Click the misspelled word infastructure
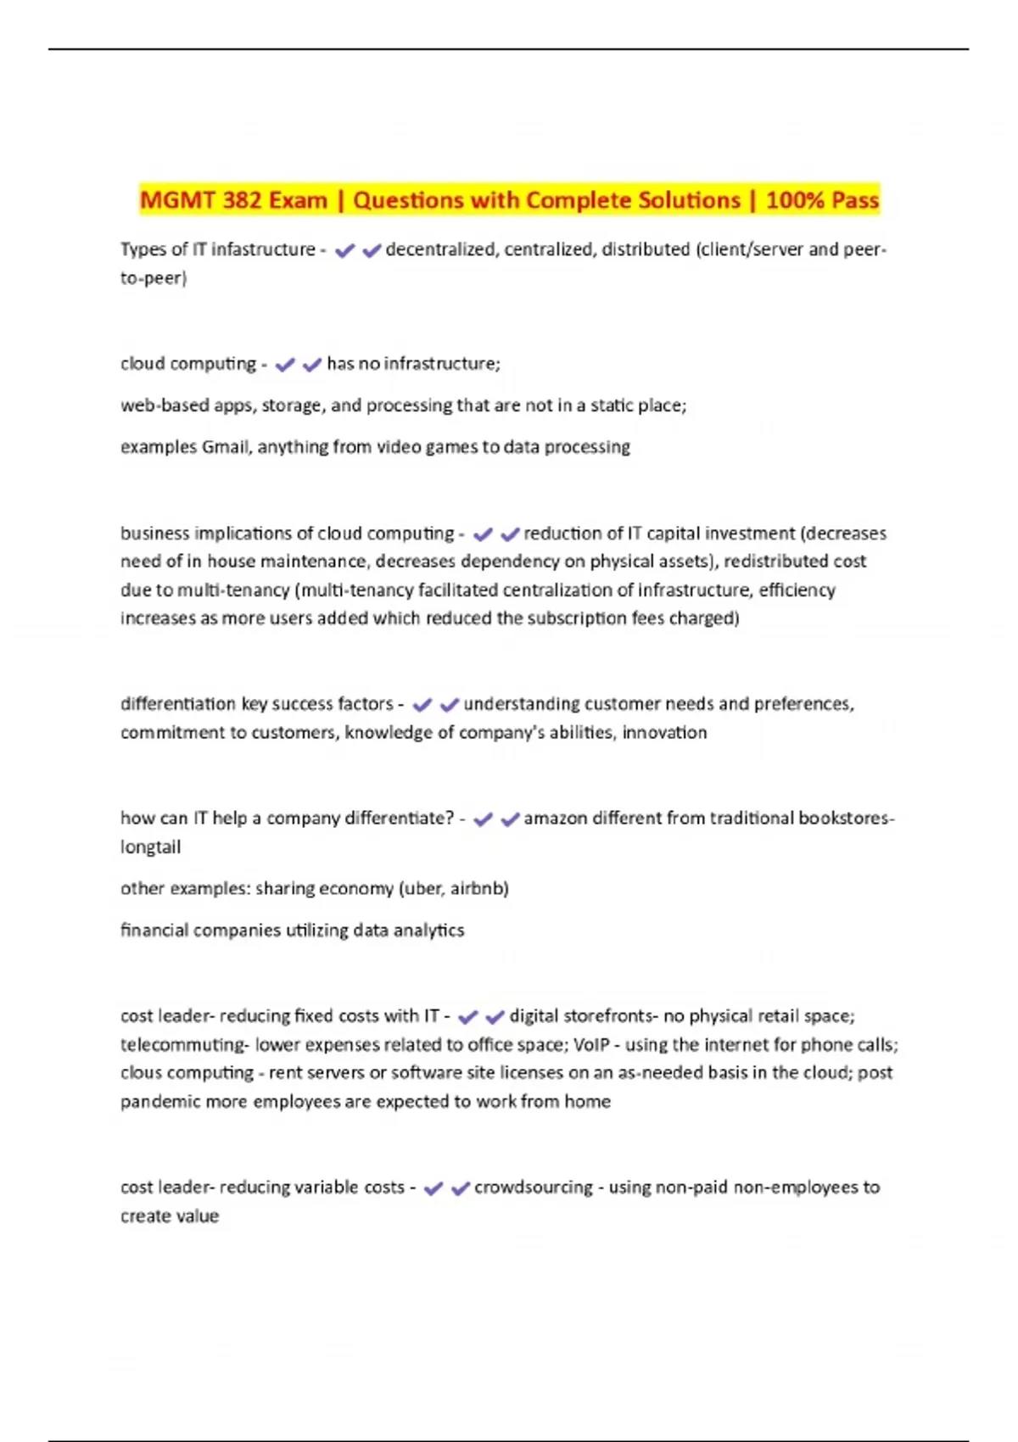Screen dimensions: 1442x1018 [263, 249]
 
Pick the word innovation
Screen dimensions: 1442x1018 [664, 733]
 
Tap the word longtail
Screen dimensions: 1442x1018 [150, 847]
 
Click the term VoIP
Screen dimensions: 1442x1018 [591, 1045]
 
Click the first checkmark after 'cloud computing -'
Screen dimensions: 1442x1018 [285, 365]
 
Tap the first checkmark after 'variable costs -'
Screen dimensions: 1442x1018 [433, 1188]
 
